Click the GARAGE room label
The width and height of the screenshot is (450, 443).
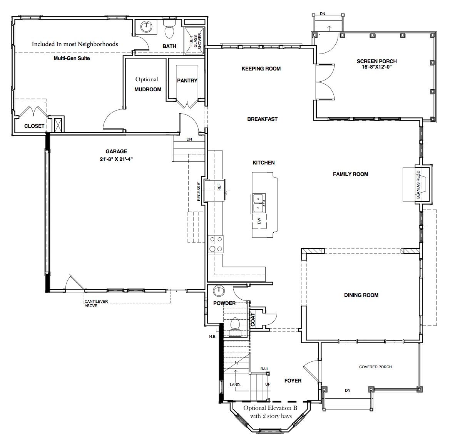(x=116, y=151)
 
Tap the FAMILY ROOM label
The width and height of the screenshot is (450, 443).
(x=350, y=174)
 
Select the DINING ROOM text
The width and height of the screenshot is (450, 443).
(x=361, y=295)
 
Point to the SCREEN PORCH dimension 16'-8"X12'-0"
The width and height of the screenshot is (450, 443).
(x=376, y=67)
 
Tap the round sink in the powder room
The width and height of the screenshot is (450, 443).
(x=219, y=291)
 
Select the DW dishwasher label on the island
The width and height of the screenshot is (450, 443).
(x=259, y=221)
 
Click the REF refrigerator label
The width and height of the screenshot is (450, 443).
(x=219, y=188)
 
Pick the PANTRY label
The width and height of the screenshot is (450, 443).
(x=187, y=81)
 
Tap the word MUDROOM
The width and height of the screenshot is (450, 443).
(x=148, y=89)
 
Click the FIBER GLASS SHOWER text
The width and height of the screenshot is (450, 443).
(x=196, y=41)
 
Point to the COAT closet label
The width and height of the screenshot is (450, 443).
(x=253, y=319)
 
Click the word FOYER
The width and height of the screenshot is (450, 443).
(x=293, y=381)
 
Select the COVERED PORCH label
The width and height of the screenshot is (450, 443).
(x=375, y=367)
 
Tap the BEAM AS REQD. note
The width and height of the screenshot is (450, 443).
(x=418, y=184)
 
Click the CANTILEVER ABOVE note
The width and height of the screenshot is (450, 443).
(x=96, y=304)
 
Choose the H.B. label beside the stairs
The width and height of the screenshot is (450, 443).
(x=212, y=336)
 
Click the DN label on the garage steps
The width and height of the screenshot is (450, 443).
(x=189, y=139)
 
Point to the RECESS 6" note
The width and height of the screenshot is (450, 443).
(x=199, y=191)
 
